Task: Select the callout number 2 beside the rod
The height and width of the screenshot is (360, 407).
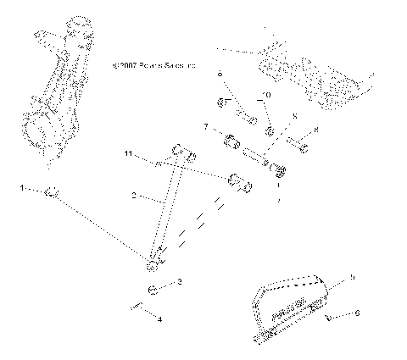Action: (133, 196)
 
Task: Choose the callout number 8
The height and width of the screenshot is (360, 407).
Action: (315, 130)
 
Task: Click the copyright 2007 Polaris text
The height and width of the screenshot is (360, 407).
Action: (153, 64)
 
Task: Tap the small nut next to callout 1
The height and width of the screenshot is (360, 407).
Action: (51, 194)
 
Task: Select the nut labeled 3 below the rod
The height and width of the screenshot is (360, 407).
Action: (153, 291)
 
